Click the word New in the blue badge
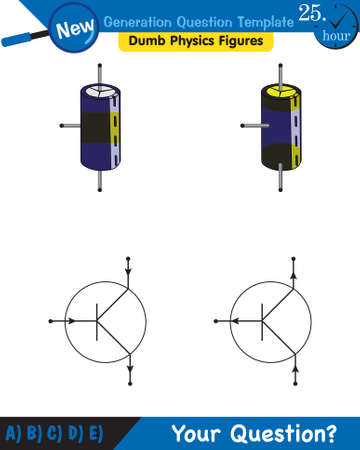click(77, 31)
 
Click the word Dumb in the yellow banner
click(145, 42)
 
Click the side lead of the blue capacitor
click(70, 125)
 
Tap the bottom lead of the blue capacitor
click(100, 182)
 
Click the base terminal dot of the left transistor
click(50, 322)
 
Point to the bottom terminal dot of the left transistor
click(130, 385)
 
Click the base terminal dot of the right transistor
click(216, 322)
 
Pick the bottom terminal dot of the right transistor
click(296, 385)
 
